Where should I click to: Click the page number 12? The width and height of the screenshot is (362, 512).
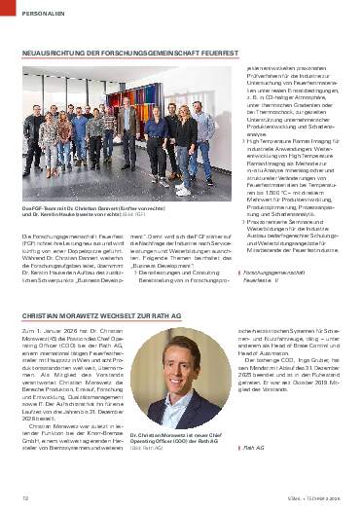click(22, 497)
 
